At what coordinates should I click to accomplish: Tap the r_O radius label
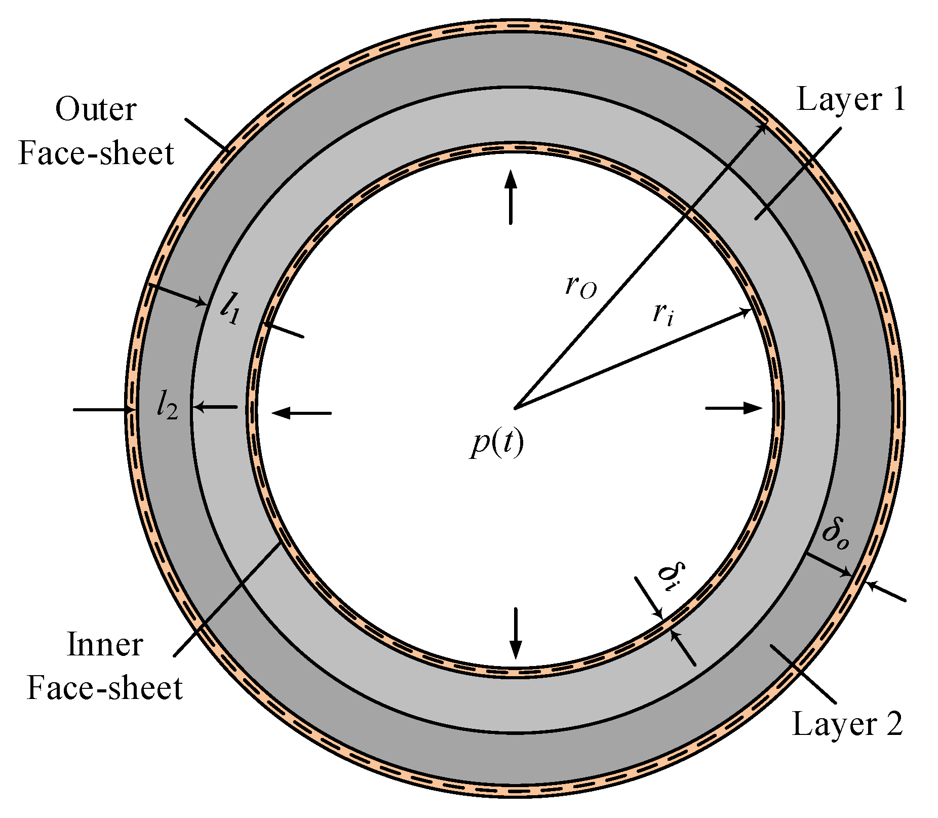[581, 288]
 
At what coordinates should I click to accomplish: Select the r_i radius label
[663, 315]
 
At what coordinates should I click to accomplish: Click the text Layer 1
[851, 99]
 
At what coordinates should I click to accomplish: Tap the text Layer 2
[847, 724]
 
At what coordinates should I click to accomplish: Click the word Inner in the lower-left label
[105, 645]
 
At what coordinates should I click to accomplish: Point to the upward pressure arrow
[511, 198]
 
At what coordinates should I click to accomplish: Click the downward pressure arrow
[515, 633]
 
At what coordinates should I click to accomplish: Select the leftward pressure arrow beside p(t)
[302, 413]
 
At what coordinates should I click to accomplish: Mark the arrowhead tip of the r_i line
[750, 309]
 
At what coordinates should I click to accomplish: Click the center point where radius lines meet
[515, 408]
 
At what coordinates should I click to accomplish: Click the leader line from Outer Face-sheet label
[208, 135]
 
